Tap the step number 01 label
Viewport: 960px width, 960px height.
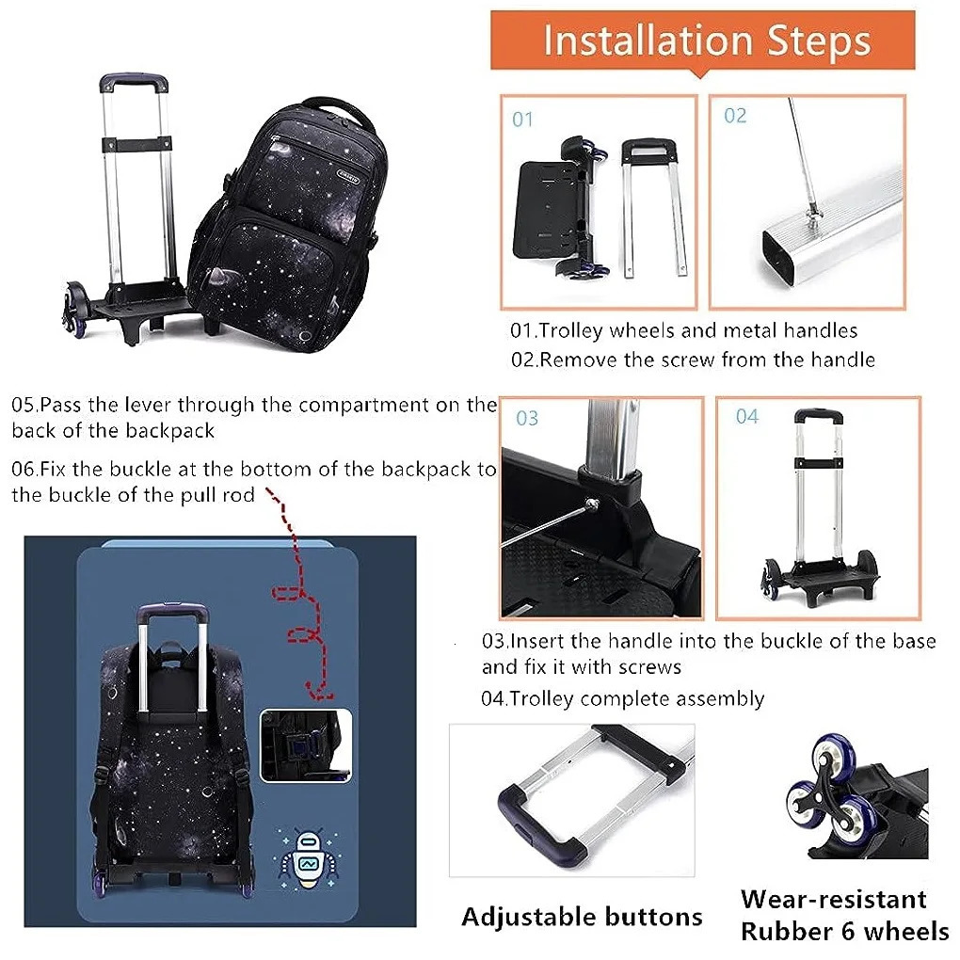point(522,120)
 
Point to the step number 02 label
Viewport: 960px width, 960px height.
point(735,116)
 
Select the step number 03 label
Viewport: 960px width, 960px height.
point(527,418)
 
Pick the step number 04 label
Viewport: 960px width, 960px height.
point(746,416)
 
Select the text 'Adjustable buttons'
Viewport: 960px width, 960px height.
point(582,917)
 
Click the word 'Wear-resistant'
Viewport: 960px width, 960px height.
point(833,899)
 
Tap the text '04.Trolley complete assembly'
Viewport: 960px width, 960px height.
point(623,698)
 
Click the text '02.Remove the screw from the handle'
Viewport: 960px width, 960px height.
point(693,359)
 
